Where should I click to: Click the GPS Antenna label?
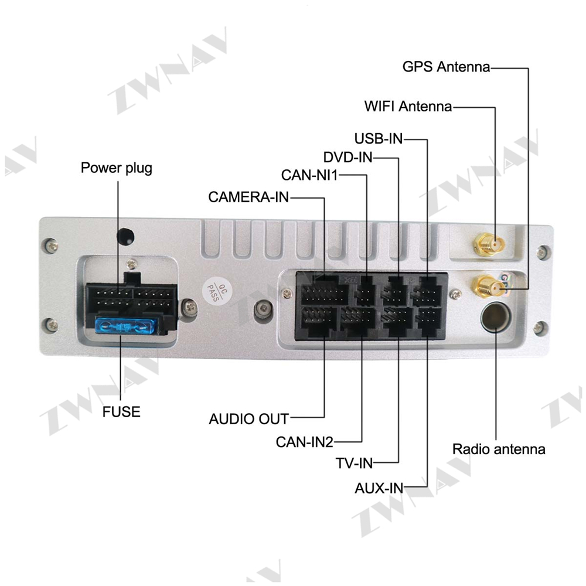(446, 67)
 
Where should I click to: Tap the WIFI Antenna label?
(408, 107)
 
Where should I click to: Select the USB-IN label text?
(378, 139)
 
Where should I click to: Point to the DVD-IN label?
(347, 157)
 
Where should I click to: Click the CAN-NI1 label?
(309, 175)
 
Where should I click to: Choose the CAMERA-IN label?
(248, 197)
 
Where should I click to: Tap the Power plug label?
(117, 168)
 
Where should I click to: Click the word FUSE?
(121, 412)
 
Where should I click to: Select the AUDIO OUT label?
(249, 419)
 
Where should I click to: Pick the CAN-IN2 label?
(304, 442)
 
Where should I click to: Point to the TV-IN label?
(355, 464)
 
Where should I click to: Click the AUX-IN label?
(379, 488)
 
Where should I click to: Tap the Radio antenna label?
(499, 449)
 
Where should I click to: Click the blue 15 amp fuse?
(125, 326)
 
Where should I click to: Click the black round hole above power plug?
(125, 236)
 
